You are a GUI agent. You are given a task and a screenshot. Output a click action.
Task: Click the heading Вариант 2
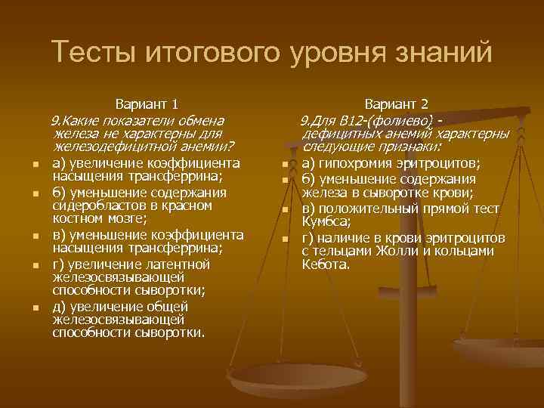click(397, 104)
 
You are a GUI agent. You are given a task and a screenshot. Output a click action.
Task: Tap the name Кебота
click(326, 264)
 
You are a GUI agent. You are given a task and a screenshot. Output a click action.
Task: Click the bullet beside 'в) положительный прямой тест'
click(286, 209)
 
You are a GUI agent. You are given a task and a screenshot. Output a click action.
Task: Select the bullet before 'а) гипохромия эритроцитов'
click(286, 165)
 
